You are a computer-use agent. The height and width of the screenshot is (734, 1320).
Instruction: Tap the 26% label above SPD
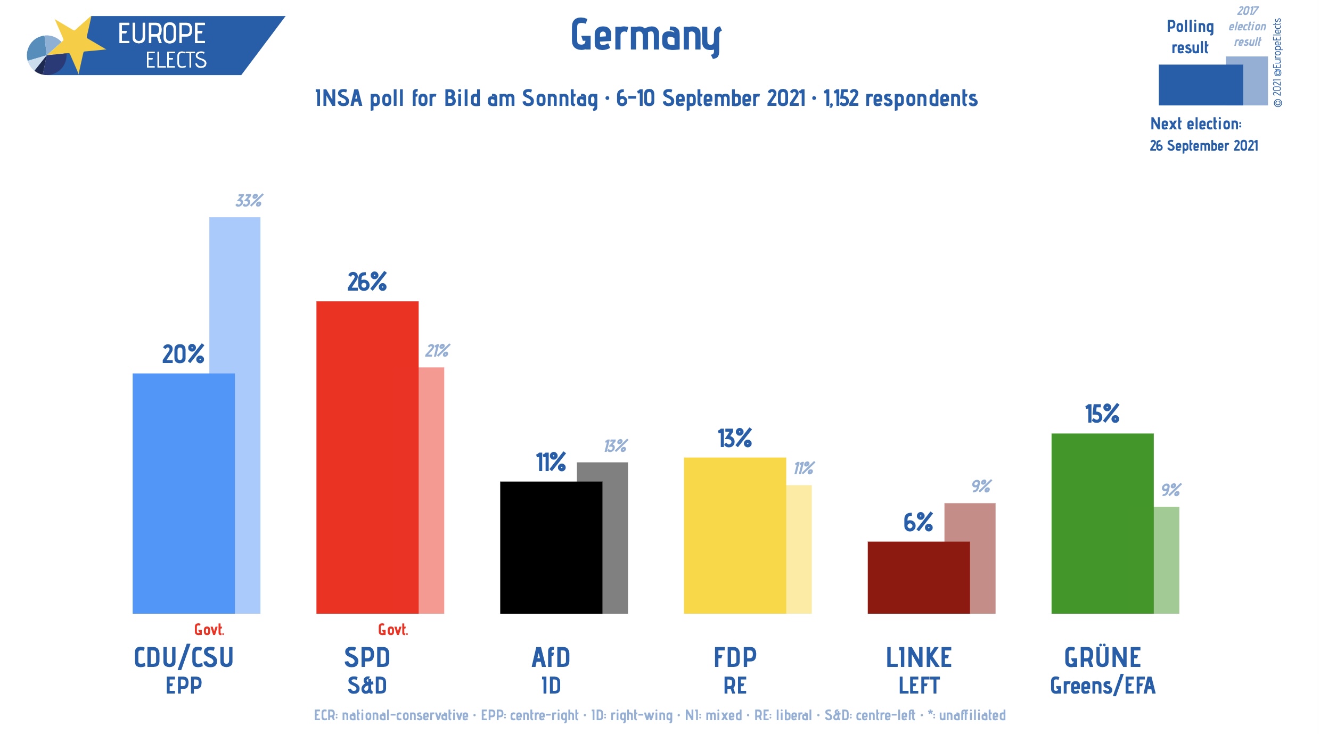coord(367,282)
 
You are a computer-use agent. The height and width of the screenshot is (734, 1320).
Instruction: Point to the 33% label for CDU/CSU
coord(249,201)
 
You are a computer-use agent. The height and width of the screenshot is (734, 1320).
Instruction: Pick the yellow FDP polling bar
coord(734,535)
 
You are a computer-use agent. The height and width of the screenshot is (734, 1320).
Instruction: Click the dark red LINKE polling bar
coord(918,578)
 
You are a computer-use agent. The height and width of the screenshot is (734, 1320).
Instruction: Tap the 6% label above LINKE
coord(918,522)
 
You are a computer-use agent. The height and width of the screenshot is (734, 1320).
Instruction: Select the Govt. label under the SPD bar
coord(393,630)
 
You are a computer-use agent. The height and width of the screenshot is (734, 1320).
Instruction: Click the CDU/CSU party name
coord(184,657)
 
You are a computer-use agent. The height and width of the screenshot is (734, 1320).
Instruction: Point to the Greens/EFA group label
coord(1102,686)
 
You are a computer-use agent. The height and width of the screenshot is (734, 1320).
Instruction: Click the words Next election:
coord(1195,124)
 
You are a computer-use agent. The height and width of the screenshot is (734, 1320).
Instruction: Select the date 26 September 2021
coord(1203,146)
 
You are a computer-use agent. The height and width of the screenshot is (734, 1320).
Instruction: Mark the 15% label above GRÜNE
coord(1102,414)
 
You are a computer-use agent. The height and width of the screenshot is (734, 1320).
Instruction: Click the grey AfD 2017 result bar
coord(616,538)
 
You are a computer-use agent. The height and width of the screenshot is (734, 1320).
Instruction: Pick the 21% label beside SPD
coord(437,351)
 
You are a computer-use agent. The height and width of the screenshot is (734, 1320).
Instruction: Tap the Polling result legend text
coord(1190,37)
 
